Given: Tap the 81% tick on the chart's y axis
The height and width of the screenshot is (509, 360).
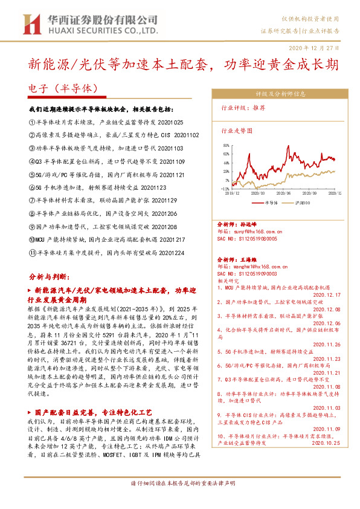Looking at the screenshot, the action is (226, 146).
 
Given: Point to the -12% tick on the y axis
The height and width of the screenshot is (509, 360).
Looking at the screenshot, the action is (225, 189).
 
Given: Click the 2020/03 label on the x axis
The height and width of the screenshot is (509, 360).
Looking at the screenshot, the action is (259, 193).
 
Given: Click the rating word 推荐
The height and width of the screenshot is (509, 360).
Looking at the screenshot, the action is (258, 111).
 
